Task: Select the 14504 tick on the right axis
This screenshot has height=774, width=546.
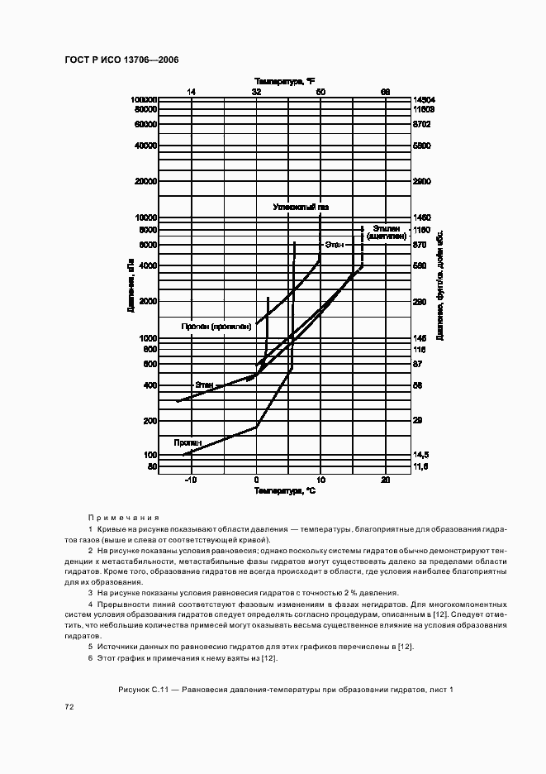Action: (424, 99)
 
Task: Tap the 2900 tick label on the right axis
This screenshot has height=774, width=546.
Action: (421, 181)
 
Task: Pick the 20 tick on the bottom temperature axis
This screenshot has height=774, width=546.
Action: (385, 480)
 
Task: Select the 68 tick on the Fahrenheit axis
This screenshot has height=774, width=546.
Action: (385, 91)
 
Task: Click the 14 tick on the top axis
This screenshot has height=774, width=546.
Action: (191, 91)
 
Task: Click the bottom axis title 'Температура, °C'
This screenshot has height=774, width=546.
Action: (284, 491)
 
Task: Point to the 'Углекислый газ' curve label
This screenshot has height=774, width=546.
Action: (301, 207)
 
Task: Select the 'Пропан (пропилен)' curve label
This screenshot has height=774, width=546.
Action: (216, 327)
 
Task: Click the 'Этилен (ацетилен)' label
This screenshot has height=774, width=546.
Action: (386, 232)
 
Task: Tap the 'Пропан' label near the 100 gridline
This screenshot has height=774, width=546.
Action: (186, 442)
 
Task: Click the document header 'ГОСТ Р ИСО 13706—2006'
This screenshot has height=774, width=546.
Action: (121, 60)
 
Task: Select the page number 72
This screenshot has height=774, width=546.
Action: (70, 708)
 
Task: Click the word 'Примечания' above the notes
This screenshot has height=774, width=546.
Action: (123, 515)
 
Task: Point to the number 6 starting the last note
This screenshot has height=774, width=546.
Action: (90, 657)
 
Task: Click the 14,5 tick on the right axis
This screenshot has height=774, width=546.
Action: (420, 455)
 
